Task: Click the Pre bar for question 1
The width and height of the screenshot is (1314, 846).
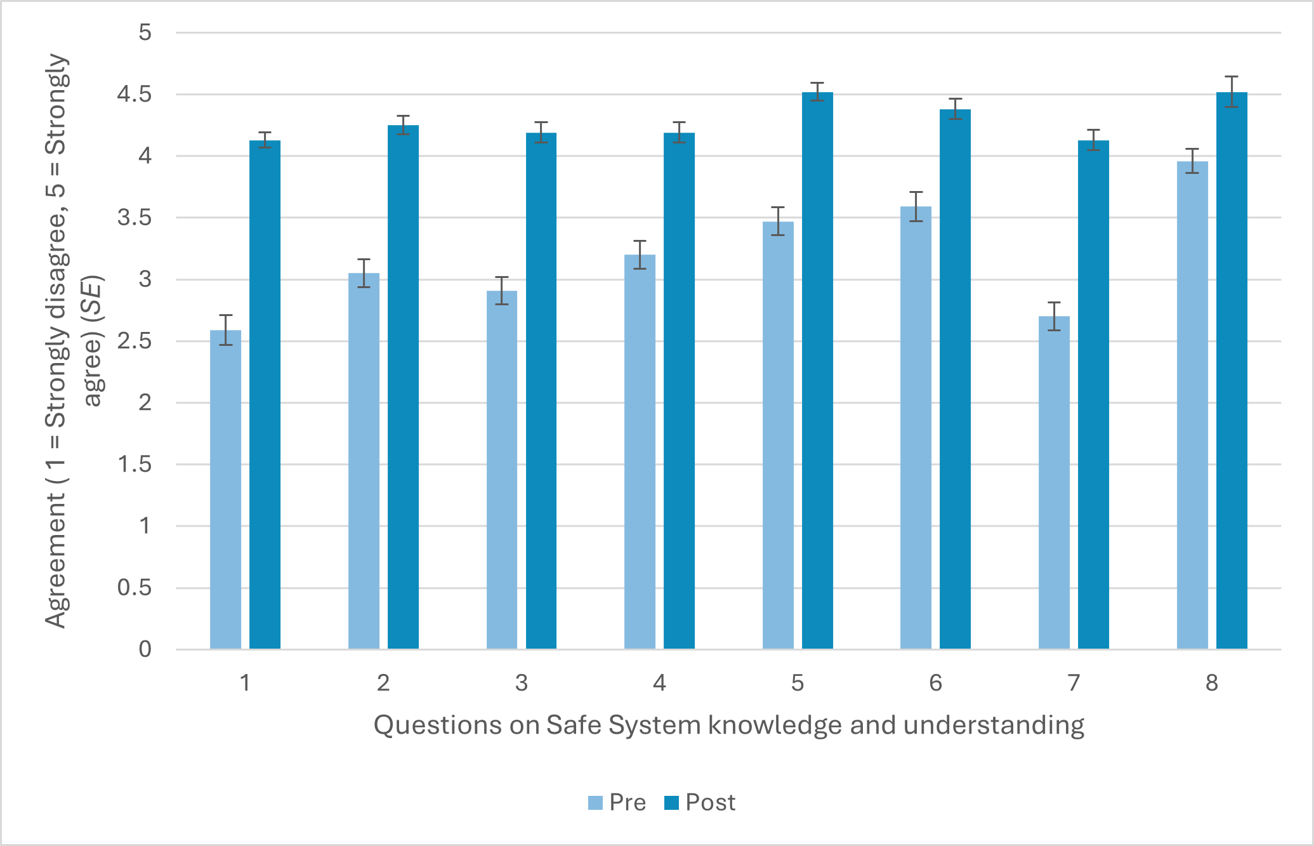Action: click(225, 489)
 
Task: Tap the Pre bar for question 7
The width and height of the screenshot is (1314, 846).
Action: click(1054, 482)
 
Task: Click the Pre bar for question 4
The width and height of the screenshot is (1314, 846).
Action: click(640, 451)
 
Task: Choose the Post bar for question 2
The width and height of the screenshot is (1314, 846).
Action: click(403, 387)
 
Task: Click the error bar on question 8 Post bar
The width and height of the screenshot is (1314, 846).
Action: click(1232, 91)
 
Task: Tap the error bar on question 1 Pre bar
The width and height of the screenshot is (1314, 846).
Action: click(225, 329)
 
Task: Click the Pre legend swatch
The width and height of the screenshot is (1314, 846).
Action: click(595, 803)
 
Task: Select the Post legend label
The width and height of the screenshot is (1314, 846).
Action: click(710, 803)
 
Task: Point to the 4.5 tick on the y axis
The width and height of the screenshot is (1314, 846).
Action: click(135, 95)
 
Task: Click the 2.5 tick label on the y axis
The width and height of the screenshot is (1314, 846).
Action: click(135, 341)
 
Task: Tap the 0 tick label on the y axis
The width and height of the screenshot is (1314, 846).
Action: click(145, 649)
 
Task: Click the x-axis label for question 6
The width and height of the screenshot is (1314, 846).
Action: click(935, 683)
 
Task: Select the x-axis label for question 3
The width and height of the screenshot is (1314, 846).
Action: click(521, 683)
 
